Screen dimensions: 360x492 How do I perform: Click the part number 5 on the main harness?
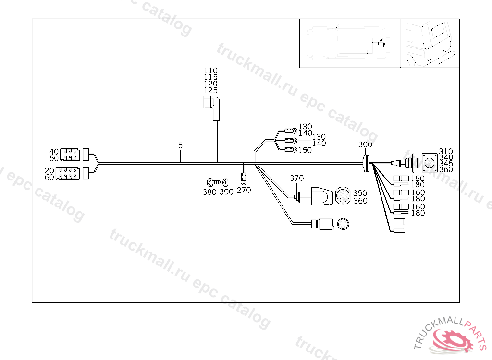click(180, 145)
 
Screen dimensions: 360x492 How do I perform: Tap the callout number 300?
click(365, 145)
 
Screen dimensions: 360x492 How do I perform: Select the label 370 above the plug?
click(296, 178)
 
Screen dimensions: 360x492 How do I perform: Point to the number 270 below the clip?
click(244, 190)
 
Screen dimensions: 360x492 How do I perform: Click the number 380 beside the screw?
click(209, 192)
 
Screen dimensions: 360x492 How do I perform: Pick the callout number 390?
click(226, 192)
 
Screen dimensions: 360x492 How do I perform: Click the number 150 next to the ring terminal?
click(305, 150)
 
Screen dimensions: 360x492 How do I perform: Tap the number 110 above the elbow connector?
click(210, 71)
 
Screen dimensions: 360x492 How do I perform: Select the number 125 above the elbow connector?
click(210, 90)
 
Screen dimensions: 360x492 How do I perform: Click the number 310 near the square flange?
click(446, 151)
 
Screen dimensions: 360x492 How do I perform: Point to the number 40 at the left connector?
click(54, 152)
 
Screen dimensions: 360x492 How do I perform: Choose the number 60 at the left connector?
click(49, 177)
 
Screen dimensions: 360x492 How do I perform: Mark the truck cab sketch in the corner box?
click(429, 43)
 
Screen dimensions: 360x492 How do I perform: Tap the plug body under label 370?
click(320, 196)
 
